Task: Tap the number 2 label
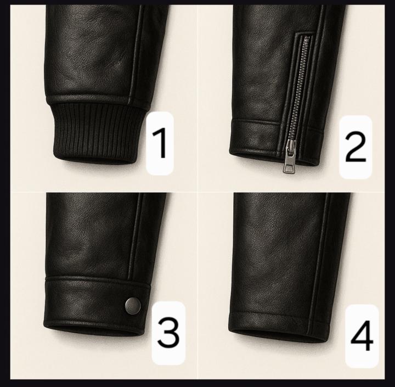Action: click(355, 147)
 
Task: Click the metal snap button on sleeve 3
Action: click(133, 304)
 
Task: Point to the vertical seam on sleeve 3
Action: click(131, 236)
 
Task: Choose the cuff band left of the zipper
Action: click(258, 137)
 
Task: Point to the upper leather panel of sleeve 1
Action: click(88, 49)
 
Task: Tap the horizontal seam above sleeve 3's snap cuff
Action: click(93, 279)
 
